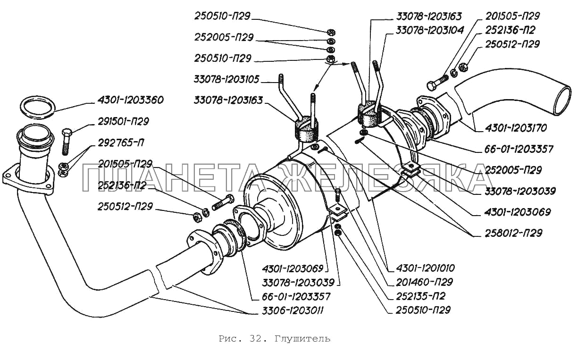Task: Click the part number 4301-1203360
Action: pyautogui.click(x=131, y=100)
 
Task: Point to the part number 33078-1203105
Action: pyautogui.click(x=226, y=79)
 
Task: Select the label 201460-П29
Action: pyautogui.click(x=420, y=282)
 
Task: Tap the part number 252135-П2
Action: pyautogui.click(x=417, y=296)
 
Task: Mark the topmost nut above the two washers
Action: pyautogui.click(x=331, y=33)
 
